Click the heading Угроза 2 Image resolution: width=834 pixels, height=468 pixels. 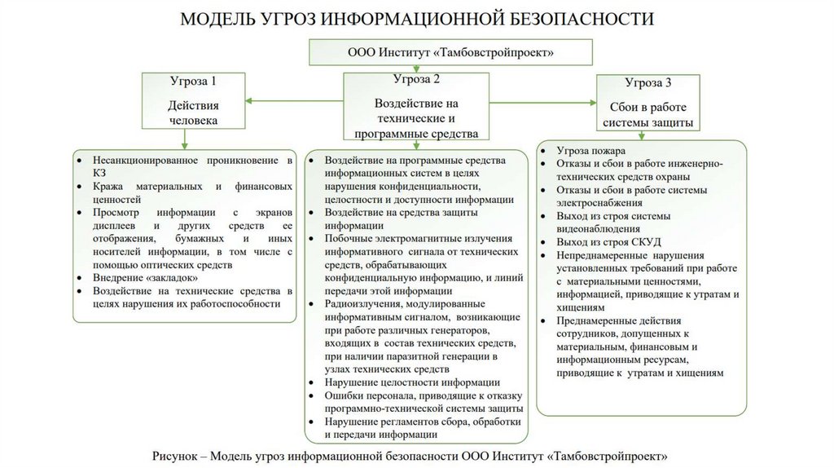[x=416, y=79]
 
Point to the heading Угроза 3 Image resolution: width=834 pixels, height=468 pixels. [x=648, y=83]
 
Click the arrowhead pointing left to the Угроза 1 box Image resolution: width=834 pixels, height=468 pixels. [x=249, y=101]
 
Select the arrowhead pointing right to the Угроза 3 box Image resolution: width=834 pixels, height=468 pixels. [x=593, y=101]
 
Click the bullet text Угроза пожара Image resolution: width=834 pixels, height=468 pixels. [x=590, y=151]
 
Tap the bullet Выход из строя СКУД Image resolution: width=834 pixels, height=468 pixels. [x=608, y=242]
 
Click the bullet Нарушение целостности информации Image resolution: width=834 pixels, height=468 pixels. [x=411, y=382]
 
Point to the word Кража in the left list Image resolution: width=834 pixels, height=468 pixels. [x=108, y=186]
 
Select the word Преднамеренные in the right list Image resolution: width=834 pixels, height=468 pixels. [x=599, y=320]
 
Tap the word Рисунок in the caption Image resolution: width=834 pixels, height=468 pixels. [x=175, y=454]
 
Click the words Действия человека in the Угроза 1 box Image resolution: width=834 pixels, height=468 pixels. [x=193, y=113]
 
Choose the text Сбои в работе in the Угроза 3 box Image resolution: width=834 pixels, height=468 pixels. [x=648, y=107]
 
